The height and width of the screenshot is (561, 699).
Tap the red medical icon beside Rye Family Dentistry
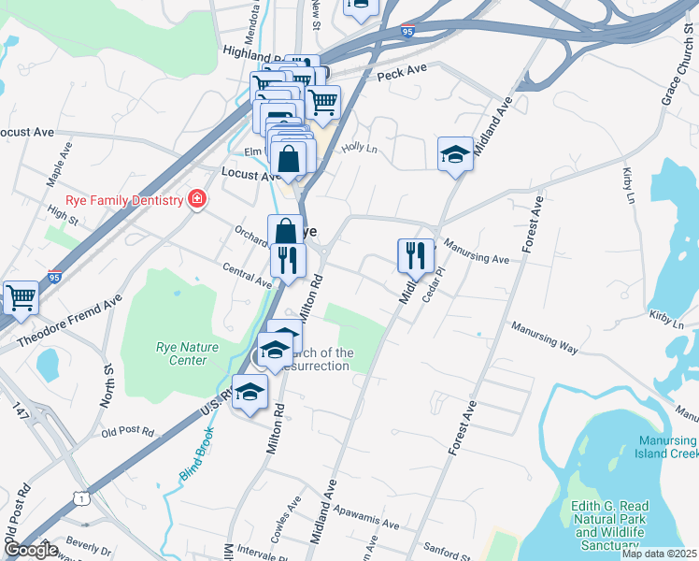point(196,199)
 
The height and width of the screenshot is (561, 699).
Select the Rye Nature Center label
point(187,353)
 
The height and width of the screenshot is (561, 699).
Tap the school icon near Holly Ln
point(455,155)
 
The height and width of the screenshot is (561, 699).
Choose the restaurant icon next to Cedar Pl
point(415,255)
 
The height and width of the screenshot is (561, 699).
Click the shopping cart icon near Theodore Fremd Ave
point(21,298)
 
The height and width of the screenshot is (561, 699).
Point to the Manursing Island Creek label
point(667,447)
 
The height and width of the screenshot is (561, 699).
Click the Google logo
point(31,550)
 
